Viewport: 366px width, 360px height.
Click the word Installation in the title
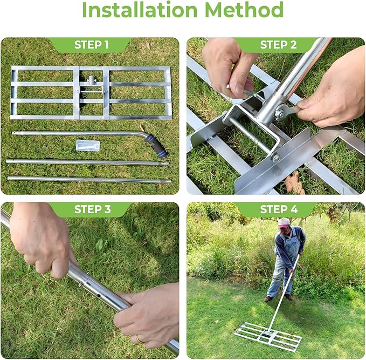pyautogui.click(x=140, y=10)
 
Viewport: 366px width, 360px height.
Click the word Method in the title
pyautogui.click(x=244, y=10)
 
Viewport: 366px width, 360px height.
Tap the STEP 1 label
pyautogui.click(x=92, y=45)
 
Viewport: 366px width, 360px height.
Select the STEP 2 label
pyautogui.click(x=279, y=45)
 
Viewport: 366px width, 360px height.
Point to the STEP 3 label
pyautogui.click(x=92, y=209)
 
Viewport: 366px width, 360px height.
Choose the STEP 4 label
pyautogui.click(x=279, y=209)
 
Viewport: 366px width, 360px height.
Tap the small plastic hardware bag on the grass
pyautogui.click(x=88, y=145)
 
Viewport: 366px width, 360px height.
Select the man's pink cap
pyautogui.click(x=284, y=223)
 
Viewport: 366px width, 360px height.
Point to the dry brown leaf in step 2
pyautogui.click(x=294, y=183)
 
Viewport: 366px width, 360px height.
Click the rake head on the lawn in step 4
pyautogui.click(x=268, y=337)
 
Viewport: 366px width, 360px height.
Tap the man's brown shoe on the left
pyautogui.click(x=268, y=299)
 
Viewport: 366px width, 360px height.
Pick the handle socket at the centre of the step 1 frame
pyautogui.click(x=92, y=80)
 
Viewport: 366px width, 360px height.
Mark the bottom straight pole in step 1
pyautogui.click(x=89, y=179)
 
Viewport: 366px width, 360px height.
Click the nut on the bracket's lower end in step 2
pyautogui.click(x=275, y=157)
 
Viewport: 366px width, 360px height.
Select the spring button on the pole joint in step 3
pyautogui.click(x=80, y=284)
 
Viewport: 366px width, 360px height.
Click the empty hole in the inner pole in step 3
pyautogui.click(x=99, y=296)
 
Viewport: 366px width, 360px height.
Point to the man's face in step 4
pyautogui.click(x=284, y=231)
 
